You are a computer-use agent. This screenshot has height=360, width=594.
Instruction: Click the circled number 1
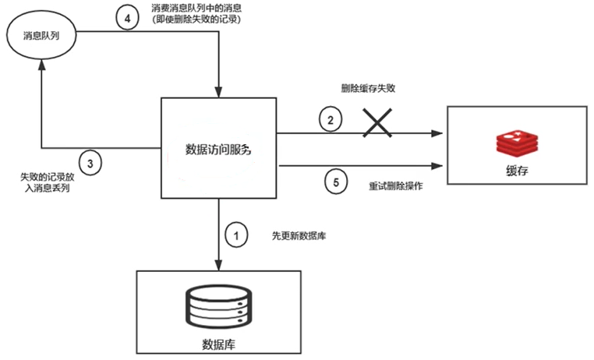click(x=235, y=233)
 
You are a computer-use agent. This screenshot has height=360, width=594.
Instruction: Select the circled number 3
click(x=90, y=163)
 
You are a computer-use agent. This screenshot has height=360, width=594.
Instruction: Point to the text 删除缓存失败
click(x=373, y=89)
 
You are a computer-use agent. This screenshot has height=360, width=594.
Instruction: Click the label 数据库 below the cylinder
click(x=218, y=343)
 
